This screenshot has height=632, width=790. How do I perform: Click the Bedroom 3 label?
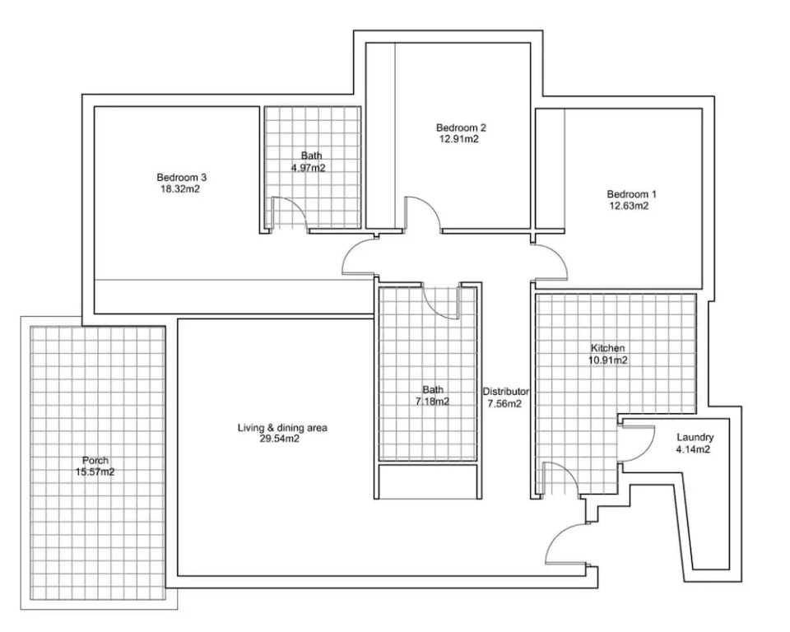click(x=181, y=178)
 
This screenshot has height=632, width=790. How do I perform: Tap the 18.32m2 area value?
click(x=180, y=189)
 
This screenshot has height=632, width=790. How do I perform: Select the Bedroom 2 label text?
click(x=461, y=128)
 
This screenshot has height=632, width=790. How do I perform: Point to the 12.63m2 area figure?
click(x=629, y=206)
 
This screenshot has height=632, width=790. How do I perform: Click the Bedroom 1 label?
click(x=631, y=194)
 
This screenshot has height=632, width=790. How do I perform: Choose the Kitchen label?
click(x=607, y=348)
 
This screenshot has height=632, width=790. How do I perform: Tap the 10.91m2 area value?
click(x=607, y=360)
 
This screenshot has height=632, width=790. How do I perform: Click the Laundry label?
click(x=695, y=438)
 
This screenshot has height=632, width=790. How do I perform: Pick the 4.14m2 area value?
click(x=693, y=449)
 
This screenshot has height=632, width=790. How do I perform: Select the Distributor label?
click(x=506, y=392)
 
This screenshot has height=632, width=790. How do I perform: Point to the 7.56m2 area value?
click(x=504, y=404)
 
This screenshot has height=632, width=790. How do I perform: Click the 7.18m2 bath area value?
click(x=432, y=402)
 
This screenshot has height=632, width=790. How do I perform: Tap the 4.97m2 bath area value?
click(x=308, y=168)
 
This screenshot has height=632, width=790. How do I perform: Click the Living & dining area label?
click(x=282, y=428)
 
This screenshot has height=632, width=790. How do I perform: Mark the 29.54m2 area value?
click(x=280, y=439)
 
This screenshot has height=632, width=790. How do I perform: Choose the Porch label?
click(x=95, y=460)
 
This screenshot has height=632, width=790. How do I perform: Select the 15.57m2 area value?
click(x=95, y=472)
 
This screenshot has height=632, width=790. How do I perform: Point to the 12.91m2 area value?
click(x=458, y=139)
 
